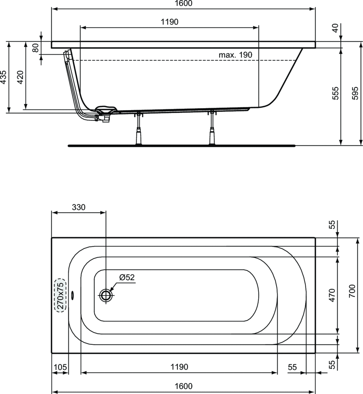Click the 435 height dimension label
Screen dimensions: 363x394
tap(3, 77)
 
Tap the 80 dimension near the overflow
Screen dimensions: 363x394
tap(36, 48)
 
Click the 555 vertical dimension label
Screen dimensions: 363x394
tap(335, 93)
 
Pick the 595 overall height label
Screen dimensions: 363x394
tap(355, 93)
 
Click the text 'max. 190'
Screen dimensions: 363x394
tap(235, 55)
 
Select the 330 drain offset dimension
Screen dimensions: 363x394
tap(78, 207)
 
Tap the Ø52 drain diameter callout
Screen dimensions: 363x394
tap(127, 277)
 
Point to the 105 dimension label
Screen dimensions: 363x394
tap(60, 367)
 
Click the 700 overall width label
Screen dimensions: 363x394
tap(352, 291)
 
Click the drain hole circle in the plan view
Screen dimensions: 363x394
tap(106, 295)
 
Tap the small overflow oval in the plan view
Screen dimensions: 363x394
tap(73, 295)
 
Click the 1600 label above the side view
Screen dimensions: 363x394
tap(183, 3)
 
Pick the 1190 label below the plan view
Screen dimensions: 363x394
tap(179, 367)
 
